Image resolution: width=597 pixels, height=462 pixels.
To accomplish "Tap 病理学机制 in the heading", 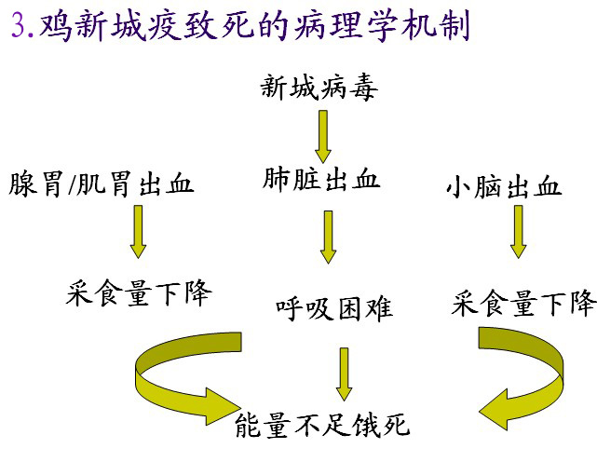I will point(390,24).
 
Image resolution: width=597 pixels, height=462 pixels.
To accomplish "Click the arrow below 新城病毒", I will point(322,135).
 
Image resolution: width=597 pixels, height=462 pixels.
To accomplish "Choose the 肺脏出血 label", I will point(322,180).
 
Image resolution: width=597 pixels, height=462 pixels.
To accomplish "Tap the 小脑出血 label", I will point(504,186).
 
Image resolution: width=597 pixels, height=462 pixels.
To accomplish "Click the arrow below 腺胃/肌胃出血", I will point(138,231).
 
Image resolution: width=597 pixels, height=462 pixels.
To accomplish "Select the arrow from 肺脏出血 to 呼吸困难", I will point(328,237).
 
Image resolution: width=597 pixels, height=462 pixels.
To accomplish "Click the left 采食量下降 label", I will point(139,294).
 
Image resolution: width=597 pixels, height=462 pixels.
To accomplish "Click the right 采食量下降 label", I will point(523,304).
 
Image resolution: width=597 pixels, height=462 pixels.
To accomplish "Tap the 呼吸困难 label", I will point(333,307).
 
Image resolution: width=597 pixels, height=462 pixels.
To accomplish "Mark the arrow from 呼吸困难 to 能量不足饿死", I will point(344,373).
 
